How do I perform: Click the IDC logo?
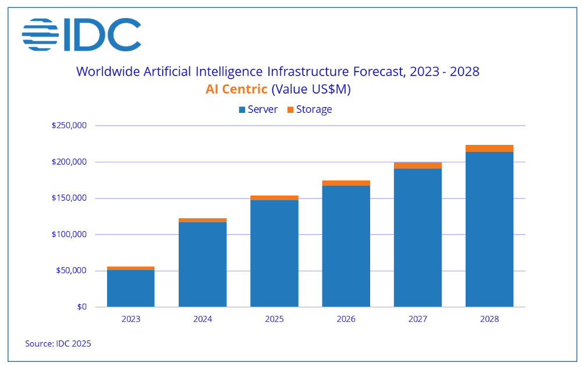click(81, 34)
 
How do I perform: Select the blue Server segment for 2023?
click(131, 288)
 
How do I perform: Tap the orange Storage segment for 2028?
click(489, 148)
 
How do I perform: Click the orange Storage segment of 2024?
click(203, 220)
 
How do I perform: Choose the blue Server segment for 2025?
click(274, 253)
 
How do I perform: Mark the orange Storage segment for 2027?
click(418, 165)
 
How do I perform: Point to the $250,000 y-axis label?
click(69, 126)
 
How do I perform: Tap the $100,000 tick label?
click(69, 234)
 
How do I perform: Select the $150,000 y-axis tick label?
click(69, 198)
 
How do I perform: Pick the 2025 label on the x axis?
click(274, 319)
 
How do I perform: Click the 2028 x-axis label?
click(489, 319)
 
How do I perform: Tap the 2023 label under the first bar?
click(131, 319)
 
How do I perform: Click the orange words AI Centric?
click(236, 89)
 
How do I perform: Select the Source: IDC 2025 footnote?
click(58, 344)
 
